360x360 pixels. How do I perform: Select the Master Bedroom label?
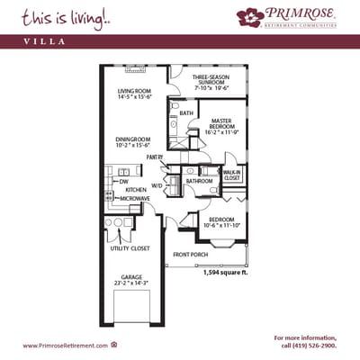point(222,123)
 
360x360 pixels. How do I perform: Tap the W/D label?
point(157,185)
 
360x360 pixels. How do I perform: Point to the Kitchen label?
point(136,190)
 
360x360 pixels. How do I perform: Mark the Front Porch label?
point(190,255)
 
